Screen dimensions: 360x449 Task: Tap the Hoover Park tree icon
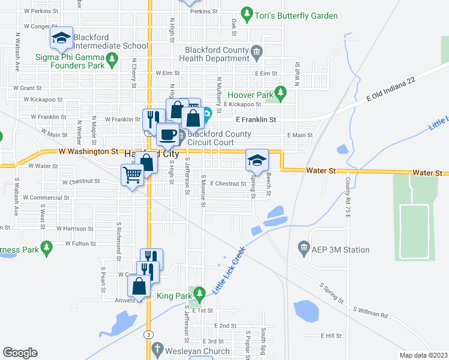pyautogui.click(x=279, y=93)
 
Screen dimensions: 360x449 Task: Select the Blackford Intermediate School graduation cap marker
pyautogui.click(x=61, y=38)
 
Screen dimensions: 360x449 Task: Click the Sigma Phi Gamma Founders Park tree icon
pyautogui.click(x=112, y=58)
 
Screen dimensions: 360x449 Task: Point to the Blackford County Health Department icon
pyautogui.click(x=256, y=52)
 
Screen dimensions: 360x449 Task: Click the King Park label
pyautogui.click(x=173, y=296)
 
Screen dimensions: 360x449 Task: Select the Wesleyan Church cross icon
pyautogui.click(x=158, y=349)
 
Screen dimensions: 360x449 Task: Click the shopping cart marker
pyautogui.click(x=131, y=175)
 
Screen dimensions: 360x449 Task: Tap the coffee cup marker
pyautogui.click(x=167, y=134)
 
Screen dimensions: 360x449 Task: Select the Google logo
pyautogui.click(x=20, y=353)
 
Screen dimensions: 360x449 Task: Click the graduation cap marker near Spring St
pyautogui.click(x=257, y=160)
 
